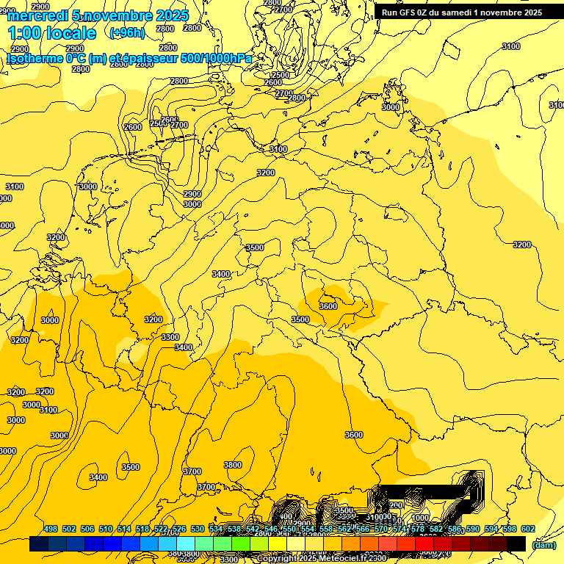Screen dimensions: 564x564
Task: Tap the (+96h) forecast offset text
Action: [127, 32]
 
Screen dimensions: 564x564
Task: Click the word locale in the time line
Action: [70, 33]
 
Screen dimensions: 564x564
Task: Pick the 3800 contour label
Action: [233, 465]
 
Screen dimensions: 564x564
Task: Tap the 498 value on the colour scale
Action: [51, 529]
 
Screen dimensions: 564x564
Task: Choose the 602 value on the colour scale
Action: [528, 529]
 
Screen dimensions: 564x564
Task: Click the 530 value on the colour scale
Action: [198, 529]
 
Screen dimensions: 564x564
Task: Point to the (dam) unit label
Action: [543, 544]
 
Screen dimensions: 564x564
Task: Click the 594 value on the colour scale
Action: [491, 529]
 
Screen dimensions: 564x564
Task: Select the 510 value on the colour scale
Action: [106, 529]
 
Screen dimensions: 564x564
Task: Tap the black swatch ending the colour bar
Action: [516, 543]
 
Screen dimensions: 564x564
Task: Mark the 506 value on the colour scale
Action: [87, 529]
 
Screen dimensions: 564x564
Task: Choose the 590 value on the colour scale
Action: [473, 529]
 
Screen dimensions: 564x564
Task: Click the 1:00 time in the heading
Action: [23, 33]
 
